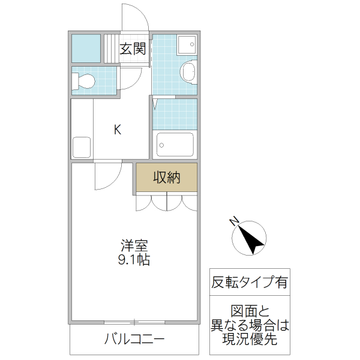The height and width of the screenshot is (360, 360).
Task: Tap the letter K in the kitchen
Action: click(x=118, y=129)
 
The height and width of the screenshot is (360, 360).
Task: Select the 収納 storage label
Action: click(x=166, y=178)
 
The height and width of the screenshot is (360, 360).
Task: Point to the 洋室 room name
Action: click(x=134, y=245)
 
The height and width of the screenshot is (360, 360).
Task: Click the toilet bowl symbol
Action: click(x=85, y=80)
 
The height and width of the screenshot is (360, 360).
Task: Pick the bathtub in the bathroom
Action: click(x=175, y=145)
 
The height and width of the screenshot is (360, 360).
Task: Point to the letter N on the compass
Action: click(x=235, y=221)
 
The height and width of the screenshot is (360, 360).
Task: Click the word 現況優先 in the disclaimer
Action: click(x=249, y=340)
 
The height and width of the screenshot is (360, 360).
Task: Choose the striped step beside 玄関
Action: click(x=111, y=48)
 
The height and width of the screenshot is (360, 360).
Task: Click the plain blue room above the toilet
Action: click(x=86, y=48)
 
